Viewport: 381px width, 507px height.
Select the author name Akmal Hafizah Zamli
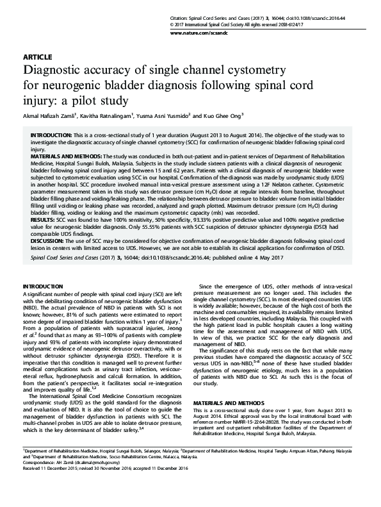pos(49,115)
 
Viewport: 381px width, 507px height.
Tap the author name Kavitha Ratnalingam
pos(106,115)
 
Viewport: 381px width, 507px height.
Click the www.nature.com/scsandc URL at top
pos(332,31)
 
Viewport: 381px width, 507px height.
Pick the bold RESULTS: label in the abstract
pos(42,219)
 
